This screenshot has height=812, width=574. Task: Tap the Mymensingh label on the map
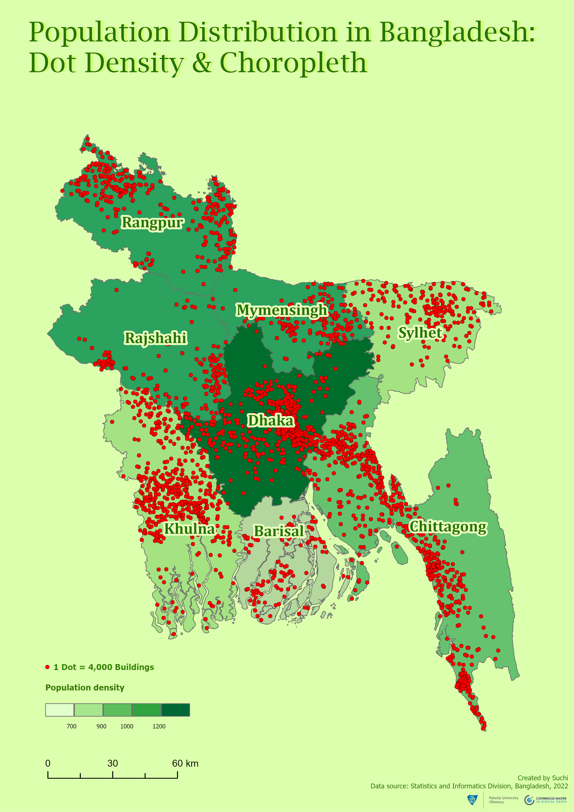point(282,310)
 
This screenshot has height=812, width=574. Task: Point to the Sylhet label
point(420,333)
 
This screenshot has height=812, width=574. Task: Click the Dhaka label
point(271,421)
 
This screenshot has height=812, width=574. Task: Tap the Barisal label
point(279,531)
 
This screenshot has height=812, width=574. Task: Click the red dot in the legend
point(47,667)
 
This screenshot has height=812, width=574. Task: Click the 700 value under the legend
point(72,726)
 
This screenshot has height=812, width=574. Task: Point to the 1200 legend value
point(159,726)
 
